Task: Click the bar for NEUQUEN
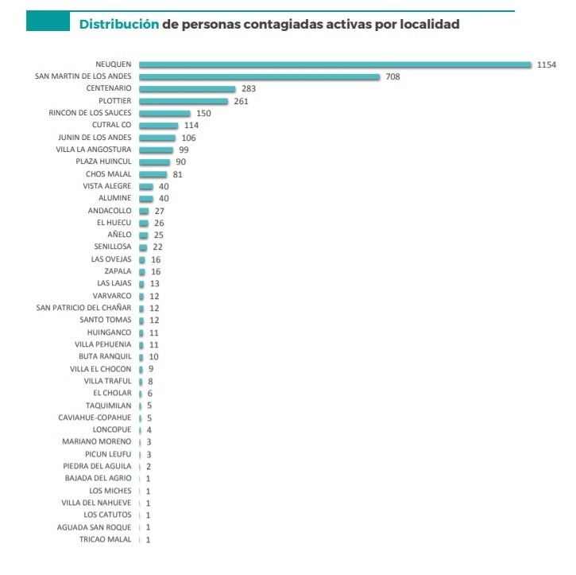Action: [x=334, y=64]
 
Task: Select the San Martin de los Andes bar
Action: [x=259, y=76]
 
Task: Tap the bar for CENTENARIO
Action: [x=187, y=88]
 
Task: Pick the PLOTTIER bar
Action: [x=183, y=101]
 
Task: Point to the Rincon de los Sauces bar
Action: [x=164, y=113]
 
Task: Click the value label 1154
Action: [x=546, y=64]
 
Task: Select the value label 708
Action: [x=392, y=76]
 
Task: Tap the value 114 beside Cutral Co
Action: [x=191, y=125]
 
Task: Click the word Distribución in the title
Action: [x=118, y=25]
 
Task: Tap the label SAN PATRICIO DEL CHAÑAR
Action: [x=84, y=308]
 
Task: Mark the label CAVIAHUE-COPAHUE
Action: [x=95, y=418]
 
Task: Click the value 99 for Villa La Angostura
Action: [x=184, y=150]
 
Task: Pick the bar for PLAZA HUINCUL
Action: [x=154, y=161]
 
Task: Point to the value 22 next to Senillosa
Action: [x=157, y=247]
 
